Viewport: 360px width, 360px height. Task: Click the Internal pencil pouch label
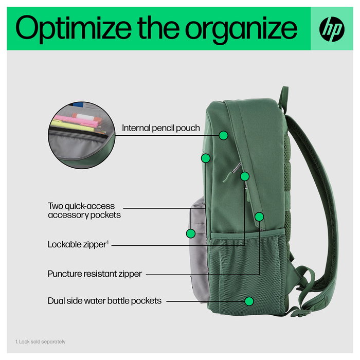[x=160, y=128]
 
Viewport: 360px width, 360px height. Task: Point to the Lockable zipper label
[x=77, y=245]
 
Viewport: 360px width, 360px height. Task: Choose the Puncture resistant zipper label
[x=95, y=274]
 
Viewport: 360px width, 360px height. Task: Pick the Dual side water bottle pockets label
[x=104, y=301]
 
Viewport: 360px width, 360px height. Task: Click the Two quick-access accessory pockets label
[x=84, y=210]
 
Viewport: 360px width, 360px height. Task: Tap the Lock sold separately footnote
[x=40, y=341]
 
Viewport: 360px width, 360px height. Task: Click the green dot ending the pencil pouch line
[x=223, y=135]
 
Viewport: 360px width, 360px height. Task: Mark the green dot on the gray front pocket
[x=191, y=233]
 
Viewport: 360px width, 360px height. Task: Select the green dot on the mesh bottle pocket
[x=249, y=301]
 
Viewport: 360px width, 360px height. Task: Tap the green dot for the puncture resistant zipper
[x=259, y=217]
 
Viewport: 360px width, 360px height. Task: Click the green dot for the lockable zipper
[x=245, y=176]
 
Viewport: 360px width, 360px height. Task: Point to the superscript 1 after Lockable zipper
[x=107, y=242]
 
